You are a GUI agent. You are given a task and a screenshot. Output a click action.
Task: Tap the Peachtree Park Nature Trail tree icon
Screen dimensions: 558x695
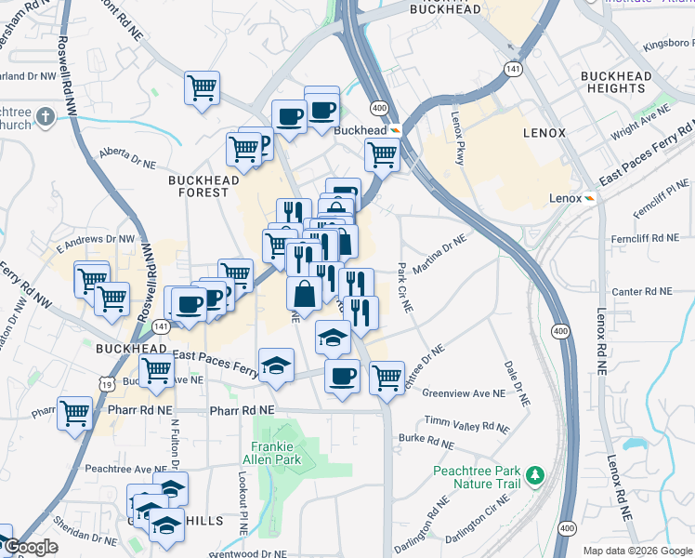(534, 476)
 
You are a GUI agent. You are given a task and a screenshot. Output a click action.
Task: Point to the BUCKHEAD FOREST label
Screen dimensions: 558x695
(198, 186)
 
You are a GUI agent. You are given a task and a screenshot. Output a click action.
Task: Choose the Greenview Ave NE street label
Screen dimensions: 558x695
(464, 393)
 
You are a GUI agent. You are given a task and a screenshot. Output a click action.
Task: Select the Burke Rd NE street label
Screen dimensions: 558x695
(425, 437)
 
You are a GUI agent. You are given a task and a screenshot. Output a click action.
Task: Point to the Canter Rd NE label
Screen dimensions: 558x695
(641, 292)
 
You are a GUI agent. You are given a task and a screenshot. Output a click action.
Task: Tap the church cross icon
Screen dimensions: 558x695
(46, 115)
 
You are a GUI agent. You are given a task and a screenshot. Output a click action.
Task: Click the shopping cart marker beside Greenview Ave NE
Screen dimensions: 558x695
(386, 378)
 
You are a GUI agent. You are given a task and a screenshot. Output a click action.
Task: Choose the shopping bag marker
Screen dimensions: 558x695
(304, 293)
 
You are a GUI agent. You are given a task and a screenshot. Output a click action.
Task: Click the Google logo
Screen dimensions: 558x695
(31, 548)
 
